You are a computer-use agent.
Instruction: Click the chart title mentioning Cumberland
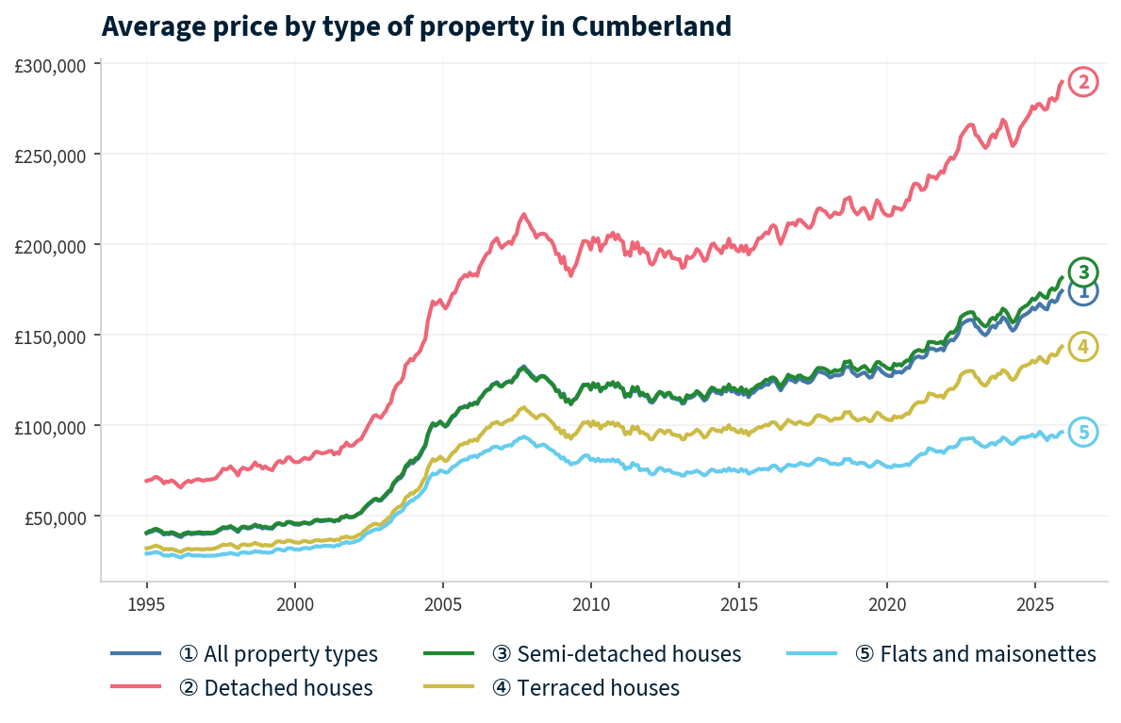point(416,26)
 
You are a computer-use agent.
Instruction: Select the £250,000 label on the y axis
point(51,155)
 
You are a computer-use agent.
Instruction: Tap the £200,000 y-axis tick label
point(51,245)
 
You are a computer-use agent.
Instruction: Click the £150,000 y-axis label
point(51,336)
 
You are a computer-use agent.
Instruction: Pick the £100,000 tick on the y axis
point(51,426)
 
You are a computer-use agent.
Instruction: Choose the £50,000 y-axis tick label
point(55,517)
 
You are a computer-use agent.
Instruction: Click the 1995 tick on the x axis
point(146,602)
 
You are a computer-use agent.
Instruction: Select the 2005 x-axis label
point(442,602)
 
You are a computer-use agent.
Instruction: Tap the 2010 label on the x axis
point(590,602)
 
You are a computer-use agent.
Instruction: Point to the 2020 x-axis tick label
point(886,602)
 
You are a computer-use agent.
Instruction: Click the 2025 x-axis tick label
point(1034,602)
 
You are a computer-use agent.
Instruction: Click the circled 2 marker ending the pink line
point(1083,82)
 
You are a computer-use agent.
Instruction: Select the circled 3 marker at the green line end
point(1083,272)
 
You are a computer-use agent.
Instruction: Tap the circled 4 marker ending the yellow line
point(1083,347)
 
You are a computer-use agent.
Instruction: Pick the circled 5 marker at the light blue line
point(1083,432)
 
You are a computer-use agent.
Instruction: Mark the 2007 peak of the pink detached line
point(523,214)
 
